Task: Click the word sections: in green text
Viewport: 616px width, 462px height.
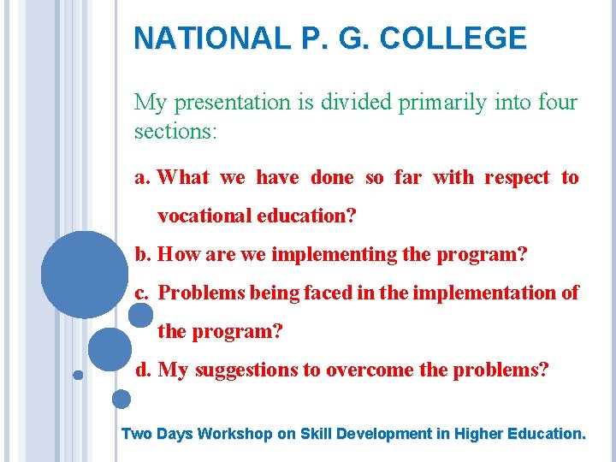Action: tap(176, 133)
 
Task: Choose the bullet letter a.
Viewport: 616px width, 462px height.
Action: tap(142, 178)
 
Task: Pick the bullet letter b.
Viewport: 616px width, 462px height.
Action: tap(142, 254)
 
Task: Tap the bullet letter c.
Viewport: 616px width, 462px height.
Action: tap(142, 293)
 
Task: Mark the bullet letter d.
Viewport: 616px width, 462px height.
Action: tap(143, 370)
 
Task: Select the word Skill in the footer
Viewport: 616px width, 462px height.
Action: tap(316, 434)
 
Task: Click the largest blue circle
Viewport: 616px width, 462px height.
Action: tap(84, 274)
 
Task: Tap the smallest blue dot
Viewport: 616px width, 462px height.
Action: tap(78, 375)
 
